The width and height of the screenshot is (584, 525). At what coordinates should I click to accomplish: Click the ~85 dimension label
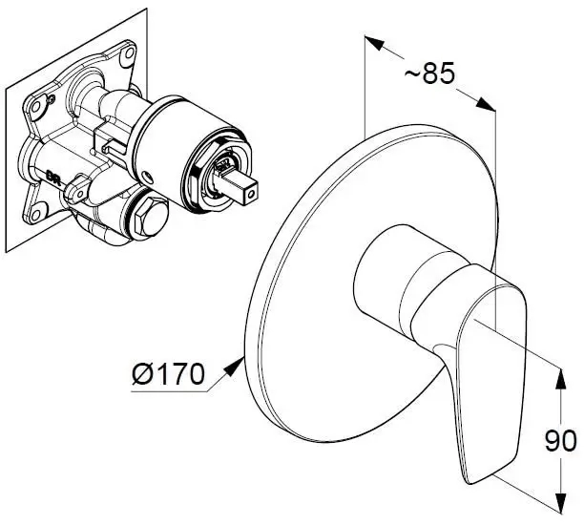(429, 73)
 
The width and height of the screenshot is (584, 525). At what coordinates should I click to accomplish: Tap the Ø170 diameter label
(168, 374)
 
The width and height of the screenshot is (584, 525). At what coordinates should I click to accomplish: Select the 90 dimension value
(560, 442)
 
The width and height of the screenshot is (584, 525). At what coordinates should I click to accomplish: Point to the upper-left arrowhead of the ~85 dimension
(373, 43)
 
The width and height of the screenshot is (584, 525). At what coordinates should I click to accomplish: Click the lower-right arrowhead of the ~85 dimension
(486, 104)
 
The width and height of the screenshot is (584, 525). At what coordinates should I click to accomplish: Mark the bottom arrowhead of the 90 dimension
(560, 503)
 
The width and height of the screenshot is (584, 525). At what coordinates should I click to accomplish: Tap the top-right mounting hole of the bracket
(129, 53)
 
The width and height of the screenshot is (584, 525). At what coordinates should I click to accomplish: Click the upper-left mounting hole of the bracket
(36, 107)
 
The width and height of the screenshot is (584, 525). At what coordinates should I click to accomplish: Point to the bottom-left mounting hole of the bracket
(35, 215)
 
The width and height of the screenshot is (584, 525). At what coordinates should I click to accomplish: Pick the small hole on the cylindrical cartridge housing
(149, 177)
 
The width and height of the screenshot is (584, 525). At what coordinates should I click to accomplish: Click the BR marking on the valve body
(52, 176)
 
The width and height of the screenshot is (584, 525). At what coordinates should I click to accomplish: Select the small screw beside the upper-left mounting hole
(52, 98)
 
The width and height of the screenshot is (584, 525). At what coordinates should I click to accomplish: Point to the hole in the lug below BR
(80, 194)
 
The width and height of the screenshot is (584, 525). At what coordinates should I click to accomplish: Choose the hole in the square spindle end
(253, 194)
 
